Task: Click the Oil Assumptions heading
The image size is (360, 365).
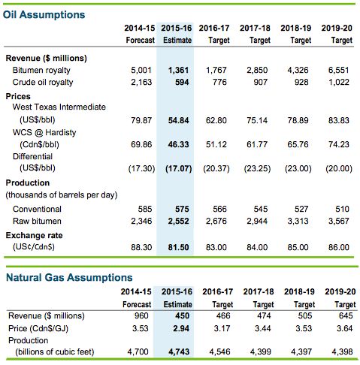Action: [44, 14]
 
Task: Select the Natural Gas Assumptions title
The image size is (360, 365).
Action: [69, 278]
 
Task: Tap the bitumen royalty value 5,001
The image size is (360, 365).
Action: [141, 70]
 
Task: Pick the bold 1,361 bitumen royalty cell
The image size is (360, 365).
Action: [178, 70]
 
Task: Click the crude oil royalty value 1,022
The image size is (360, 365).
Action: [339, 82]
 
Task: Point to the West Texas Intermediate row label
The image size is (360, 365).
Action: [59, 107]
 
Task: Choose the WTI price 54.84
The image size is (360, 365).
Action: [178, 120]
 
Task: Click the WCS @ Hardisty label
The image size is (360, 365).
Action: [44, 132]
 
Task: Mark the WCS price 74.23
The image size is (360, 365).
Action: [339, 144]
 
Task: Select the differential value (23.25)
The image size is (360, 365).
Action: [257, 168]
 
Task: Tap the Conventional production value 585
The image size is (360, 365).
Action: [145, 209]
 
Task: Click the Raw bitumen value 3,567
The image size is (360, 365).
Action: [339, 221]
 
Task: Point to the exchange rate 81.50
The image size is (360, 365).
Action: [178, 247]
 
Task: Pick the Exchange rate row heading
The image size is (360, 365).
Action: [34, 235]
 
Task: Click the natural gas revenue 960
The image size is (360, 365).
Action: [141, 315]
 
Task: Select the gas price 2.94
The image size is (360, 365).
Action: [181, 328]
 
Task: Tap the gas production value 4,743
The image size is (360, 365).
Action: [179, 351]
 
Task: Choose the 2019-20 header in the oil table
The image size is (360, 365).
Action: [337, 28]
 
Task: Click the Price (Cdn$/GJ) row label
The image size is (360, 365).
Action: [38, 328]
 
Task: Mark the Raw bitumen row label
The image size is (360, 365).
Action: [37, 221]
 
